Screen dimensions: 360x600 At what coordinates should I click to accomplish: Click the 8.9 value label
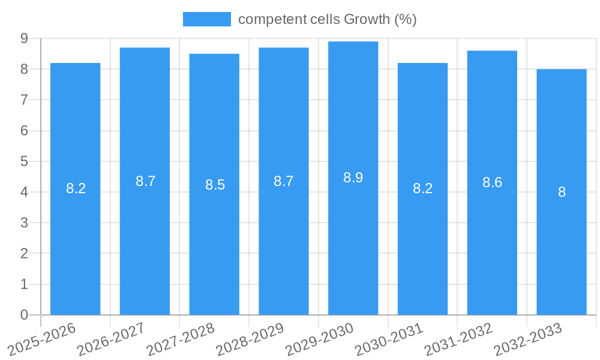[x=353, y=178]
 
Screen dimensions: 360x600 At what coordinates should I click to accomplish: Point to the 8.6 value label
[x=492, y=182]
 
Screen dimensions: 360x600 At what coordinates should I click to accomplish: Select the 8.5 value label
[x=215, y=185]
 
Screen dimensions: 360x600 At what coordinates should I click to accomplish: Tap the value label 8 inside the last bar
[x=562, y=192]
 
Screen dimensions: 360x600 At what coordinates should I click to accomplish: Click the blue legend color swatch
[x=206, y=19]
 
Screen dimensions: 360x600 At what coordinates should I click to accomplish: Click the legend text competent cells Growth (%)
[x=327, y=19]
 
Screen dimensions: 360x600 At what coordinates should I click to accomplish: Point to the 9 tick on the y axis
[x=24, y=38]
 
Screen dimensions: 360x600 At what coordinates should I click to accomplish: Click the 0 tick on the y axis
[x=24, y=315]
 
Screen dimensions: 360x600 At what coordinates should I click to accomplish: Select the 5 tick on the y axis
[x=24, y=161]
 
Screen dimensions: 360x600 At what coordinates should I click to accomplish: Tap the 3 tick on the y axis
[x=24, y=223]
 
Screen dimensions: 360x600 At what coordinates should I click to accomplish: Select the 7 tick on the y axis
[x=24, y=100]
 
